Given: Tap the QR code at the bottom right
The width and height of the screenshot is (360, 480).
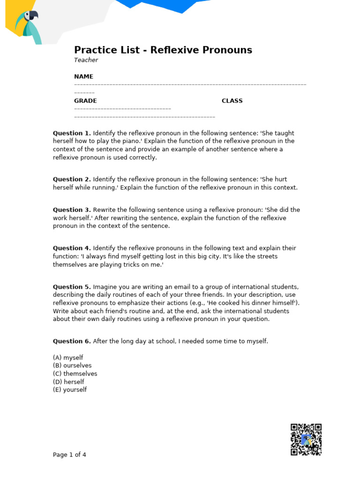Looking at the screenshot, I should pos(306,439).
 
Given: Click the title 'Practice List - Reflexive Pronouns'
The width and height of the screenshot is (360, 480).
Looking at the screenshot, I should pos(163,50).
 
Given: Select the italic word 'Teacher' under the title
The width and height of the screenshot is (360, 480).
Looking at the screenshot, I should pos(86,60).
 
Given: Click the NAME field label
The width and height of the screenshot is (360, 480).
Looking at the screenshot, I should pos(83,76).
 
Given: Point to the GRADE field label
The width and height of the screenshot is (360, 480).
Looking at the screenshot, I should pos(85,101).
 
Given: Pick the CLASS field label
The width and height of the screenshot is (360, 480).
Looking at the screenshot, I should pos(232,101).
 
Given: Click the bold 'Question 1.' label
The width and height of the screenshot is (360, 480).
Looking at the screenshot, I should pos(72,133).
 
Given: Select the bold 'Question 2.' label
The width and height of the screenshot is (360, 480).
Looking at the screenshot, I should pos(72,179).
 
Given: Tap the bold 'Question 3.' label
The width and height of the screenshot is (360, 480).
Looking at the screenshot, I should pos(72,210).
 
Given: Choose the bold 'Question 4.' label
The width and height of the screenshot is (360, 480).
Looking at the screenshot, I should pos(72,248).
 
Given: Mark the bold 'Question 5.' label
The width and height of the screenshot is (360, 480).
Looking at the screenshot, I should pos(72,287).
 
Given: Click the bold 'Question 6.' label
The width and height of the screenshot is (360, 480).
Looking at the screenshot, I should pos(72,341).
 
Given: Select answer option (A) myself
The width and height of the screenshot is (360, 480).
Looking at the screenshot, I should pos(68,358).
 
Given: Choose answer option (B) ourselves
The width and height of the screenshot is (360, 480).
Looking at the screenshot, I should pos(72,366).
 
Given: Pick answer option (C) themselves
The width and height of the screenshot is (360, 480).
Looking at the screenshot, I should pos(75,374).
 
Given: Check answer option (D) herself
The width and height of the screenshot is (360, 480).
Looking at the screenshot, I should pos(68,382).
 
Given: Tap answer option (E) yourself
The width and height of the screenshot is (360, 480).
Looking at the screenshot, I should pos(70,390).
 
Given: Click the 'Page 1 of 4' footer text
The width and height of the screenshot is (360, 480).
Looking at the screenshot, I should pos(69,455).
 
